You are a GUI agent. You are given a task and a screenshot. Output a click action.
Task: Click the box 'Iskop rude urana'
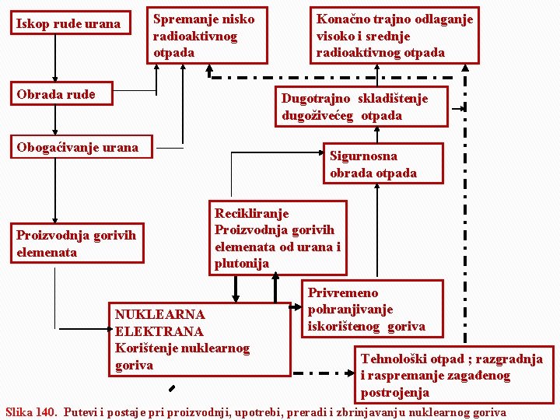(68, 24)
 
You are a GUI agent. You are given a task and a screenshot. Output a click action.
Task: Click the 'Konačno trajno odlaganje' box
(394, 36)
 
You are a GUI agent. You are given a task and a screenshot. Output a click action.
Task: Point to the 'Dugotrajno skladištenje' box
(362, 107)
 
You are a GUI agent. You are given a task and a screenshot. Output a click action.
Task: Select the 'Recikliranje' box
(278, 238)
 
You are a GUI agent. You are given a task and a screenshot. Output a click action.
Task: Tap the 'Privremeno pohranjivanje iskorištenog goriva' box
(373, 309)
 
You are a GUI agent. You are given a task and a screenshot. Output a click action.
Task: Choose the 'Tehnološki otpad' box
(454, 375)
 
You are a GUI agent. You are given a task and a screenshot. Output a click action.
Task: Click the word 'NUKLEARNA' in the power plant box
(160, 315)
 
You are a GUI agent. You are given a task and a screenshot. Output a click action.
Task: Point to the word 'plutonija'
(242, 264)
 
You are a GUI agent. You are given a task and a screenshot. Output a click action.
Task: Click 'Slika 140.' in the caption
(31, 412)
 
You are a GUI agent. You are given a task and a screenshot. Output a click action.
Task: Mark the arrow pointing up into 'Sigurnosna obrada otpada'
(377, 233)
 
